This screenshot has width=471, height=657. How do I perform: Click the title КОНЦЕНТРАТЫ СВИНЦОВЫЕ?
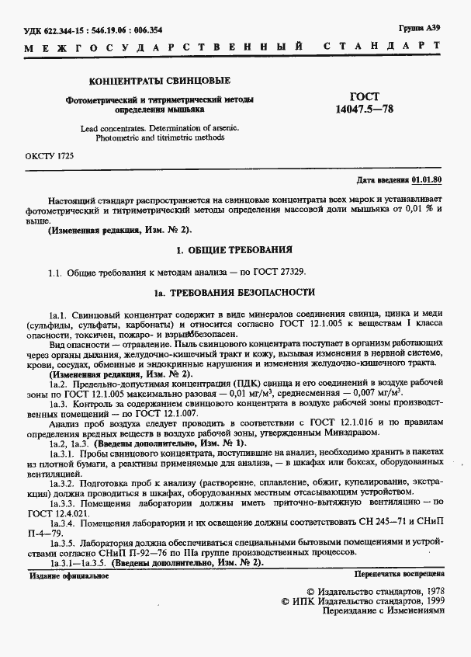click(160, 81)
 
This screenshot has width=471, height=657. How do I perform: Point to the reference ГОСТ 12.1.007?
click(187, 415)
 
